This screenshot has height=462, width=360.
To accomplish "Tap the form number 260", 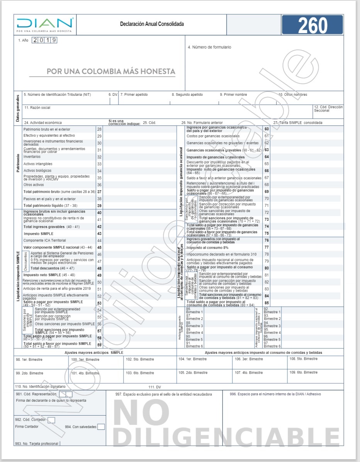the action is (312, 25).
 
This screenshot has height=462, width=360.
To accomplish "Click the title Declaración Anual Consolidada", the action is (152, 24).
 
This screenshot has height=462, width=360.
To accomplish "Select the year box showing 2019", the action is (45, 40).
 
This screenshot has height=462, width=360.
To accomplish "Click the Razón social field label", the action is (37, 107).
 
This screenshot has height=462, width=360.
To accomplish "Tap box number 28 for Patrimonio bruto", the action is (99, 129).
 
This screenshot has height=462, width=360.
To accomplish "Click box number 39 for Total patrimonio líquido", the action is (99, 206).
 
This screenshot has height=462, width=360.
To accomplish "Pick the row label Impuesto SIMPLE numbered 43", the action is (39, 234).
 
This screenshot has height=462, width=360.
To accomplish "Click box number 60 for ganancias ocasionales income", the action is (267, 129).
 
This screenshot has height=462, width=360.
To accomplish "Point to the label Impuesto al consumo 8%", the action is (207, 247).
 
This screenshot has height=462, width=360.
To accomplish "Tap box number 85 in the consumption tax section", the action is (267, 303).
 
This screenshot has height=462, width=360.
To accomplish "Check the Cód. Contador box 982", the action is (51, 420).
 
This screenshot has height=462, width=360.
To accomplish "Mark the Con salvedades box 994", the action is (101, 427).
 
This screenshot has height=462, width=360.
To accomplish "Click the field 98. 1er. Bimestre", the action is (29, 360).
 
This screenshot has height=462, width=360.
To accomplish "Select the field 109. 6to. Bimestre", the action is (304, 372).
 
